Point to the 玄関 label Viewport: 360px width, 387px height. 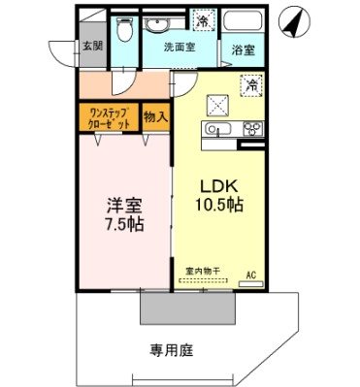coord(90,45)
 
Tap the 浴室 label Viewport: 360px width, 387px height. coord(243,48)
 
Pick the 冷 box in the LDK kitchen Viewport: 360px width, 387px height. coord(250,85)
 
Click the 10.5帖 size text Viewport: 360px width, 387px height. coord(221,206)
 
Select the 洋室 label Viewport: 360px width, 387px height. coord(124,206)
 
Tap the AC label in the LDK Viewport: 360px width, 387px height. coord(252,274)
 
